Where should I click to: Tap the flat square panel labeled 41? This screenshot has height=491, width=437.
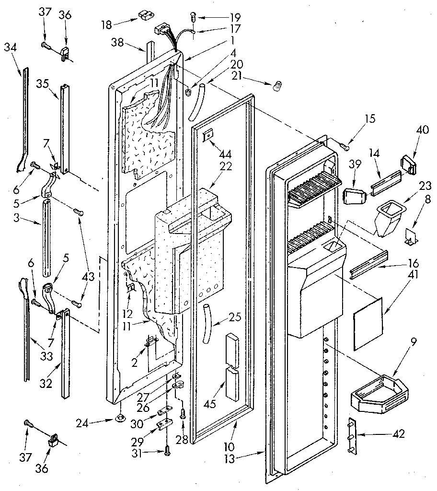(x=369, y=319)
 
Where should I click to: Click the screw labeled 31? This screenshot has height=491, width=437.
(x=166, y=449)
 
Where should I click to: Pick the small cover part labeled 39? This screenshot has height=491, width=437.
(x=354, y=196)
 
